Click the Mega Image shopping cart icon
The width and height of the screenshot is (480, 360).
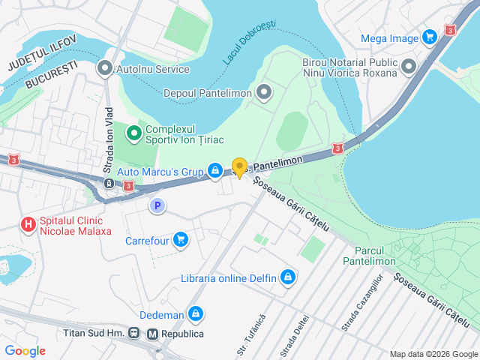coord(429,36)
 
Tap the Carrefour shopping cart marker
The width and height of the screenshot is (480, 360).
coord(180,240)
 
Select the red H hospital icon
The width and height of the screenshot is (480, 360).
coord(28,224)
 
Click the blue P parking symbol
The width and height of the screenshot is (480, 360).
coord(157,205)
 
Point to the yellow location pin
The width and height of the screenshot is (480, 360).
coord(239,167)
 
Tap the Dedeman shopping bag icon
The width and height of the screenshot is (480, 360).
coord(196,313)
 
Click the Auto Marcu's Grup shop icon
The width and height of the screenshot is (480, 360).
coord(215,172)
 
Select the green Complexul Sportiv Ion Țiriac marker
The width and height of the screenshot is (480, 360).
coord(134,134)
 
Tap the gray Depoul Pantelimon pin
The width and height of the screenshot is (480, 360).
coord(264,94)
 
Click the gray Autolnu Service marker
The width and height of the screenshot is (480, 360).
coord(104,69)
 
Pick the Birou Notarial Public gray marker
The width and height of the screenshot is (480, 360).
coord(409,67)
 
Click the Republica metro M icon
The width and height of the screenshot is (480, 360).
coord(153,333)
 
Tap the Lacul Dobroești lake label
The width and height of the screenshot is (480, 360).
coord(249,41)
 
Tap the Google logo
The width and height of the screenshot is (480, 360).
coord(25,351)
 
